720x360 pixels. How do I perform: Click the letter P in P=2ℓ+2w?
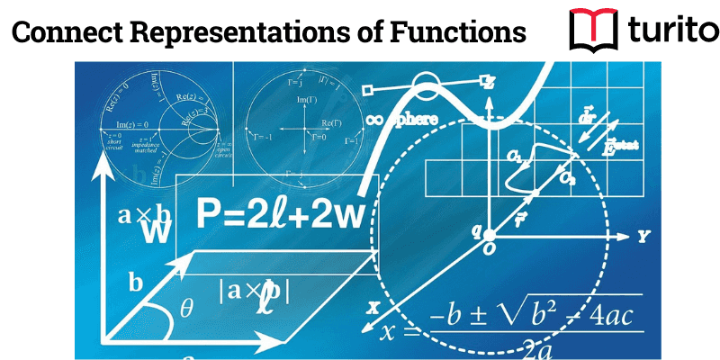(x=210, y=215)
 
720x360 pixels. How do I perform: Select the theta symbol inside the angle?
(x=186, y=309)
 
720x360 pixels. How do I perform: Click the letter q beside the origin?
(x=478, y=230)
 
